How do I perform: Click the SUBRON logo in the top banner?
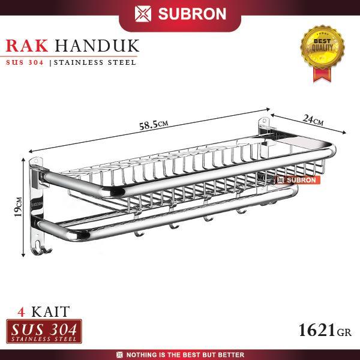179,13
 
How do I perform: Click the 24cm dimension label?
313,119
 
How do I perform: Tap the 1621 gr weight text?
325,329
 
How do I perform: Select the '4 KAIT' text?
41,311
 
